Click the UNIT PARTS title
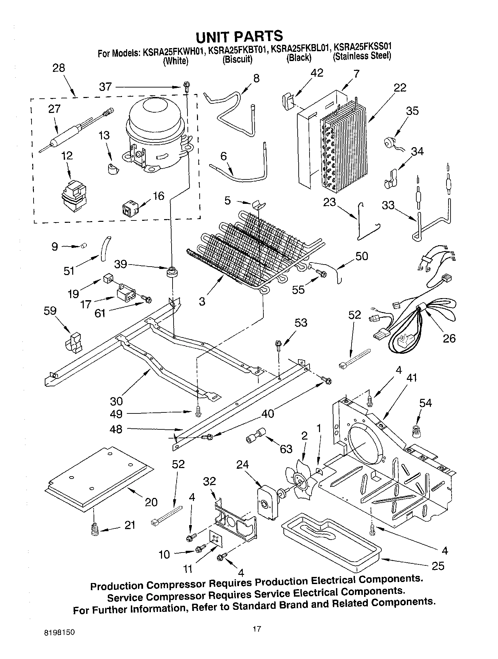239,36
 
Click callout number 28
58,68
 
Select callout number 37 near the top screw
105,87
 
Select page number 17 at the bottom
257,629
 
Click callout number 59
50,311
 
